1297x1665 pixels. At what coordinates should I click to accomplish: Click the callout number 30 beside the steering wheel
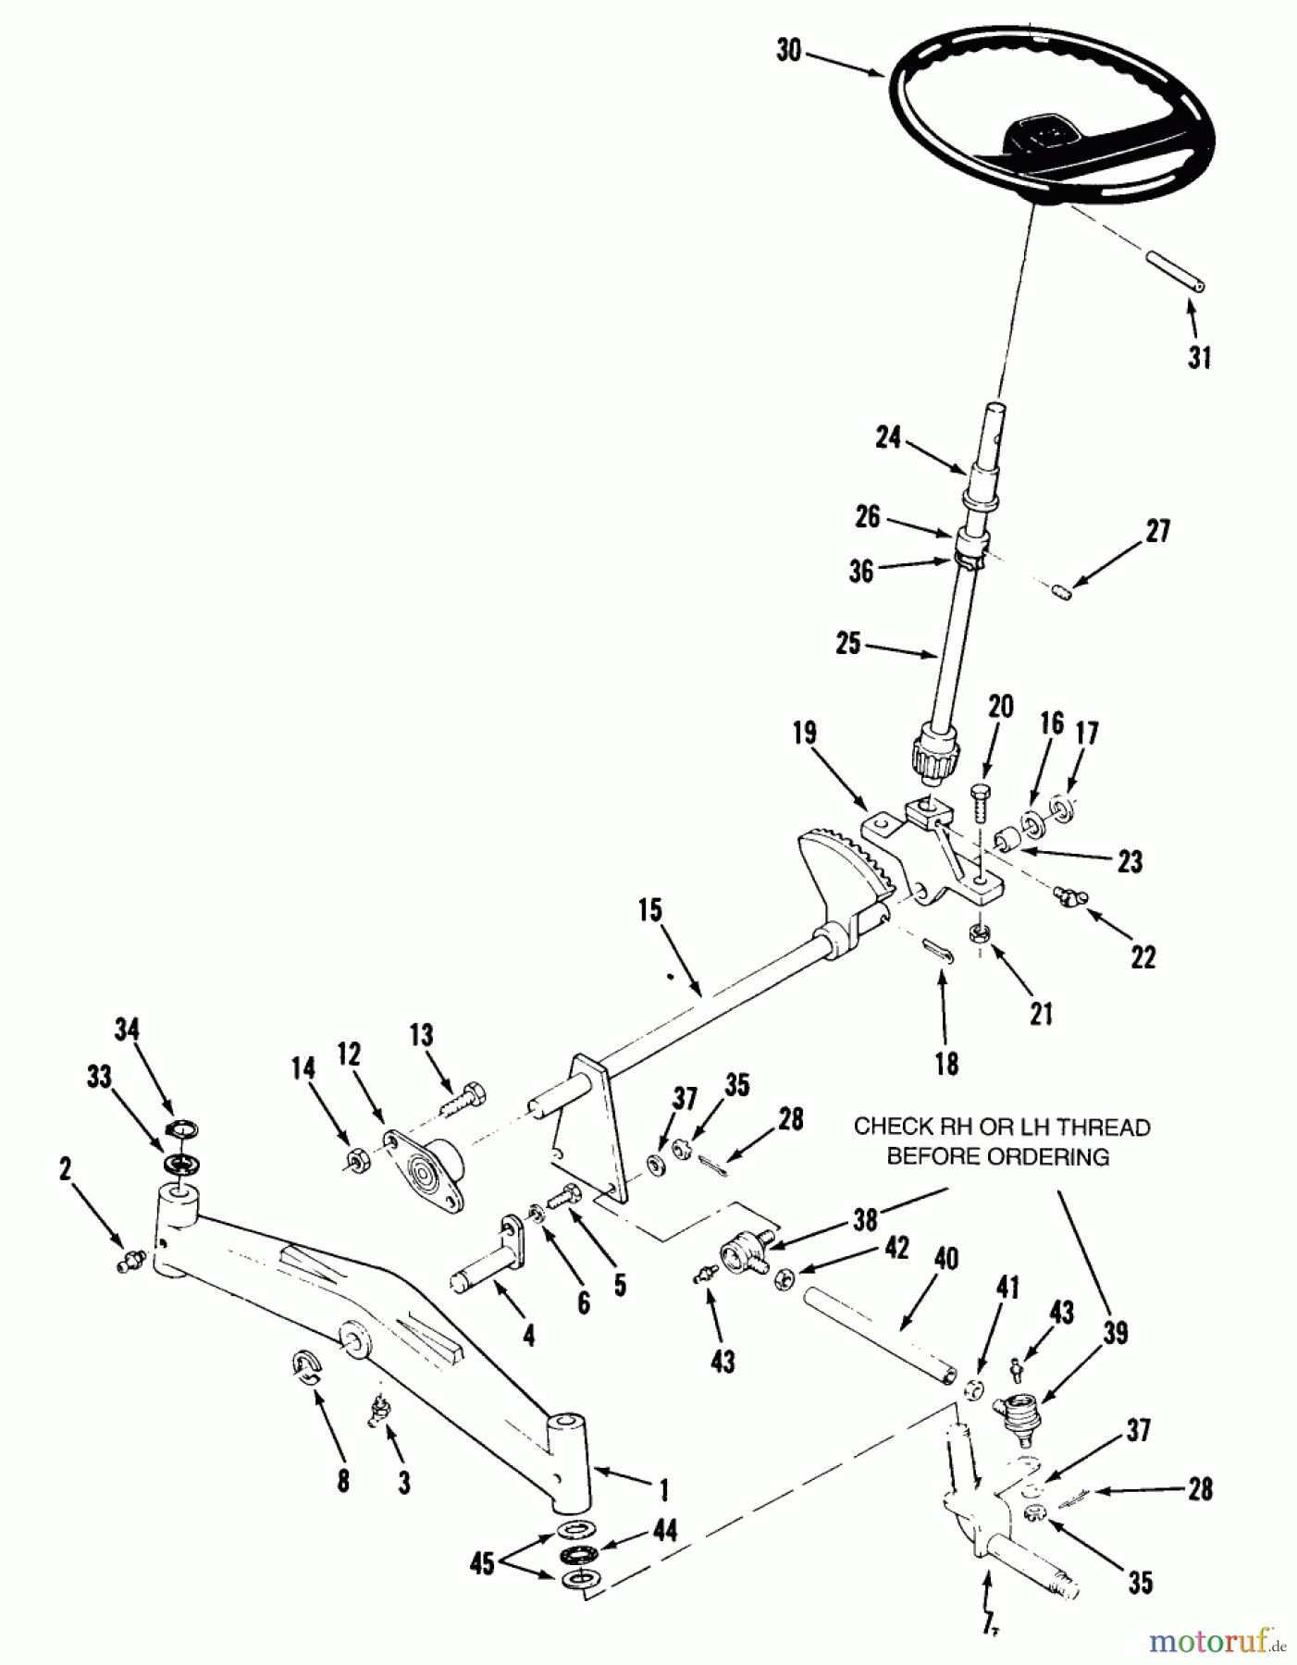tap(788, 50)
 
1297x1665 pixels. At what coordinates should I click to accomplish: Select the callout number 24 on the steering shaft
tap(887, 437)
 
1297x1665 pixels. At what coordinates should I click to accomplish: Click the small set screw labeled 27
tap(1062, 589)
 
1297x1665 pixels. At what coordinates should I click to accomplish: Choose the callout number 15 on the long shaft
tap(649, 910)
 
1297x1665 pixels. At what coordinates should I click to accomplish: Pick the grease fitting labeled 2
tap(130, 1260)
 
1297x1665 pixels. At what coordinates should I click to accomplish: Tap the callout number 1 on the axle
tap(662, 1489)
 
